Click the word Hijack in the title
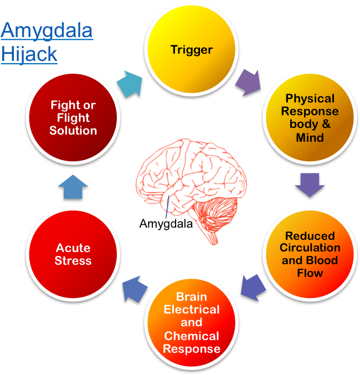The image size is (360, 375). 29,54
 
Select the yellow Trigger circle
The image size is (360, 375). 192,50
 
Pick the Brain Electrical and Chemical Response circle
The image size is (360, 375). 192,322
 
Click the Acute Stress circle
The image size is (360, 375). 73,254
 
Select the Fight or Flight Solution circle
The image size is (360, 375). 73,117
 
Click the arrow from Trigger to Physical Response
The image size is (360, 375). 248,81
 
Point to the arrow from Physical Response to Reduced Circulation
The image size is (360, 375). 310,185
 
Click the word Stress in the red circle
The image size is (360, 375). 73,261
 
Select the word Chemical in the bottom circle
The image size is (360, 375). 192,336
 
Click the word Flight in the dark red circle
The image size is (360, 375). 73,117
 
